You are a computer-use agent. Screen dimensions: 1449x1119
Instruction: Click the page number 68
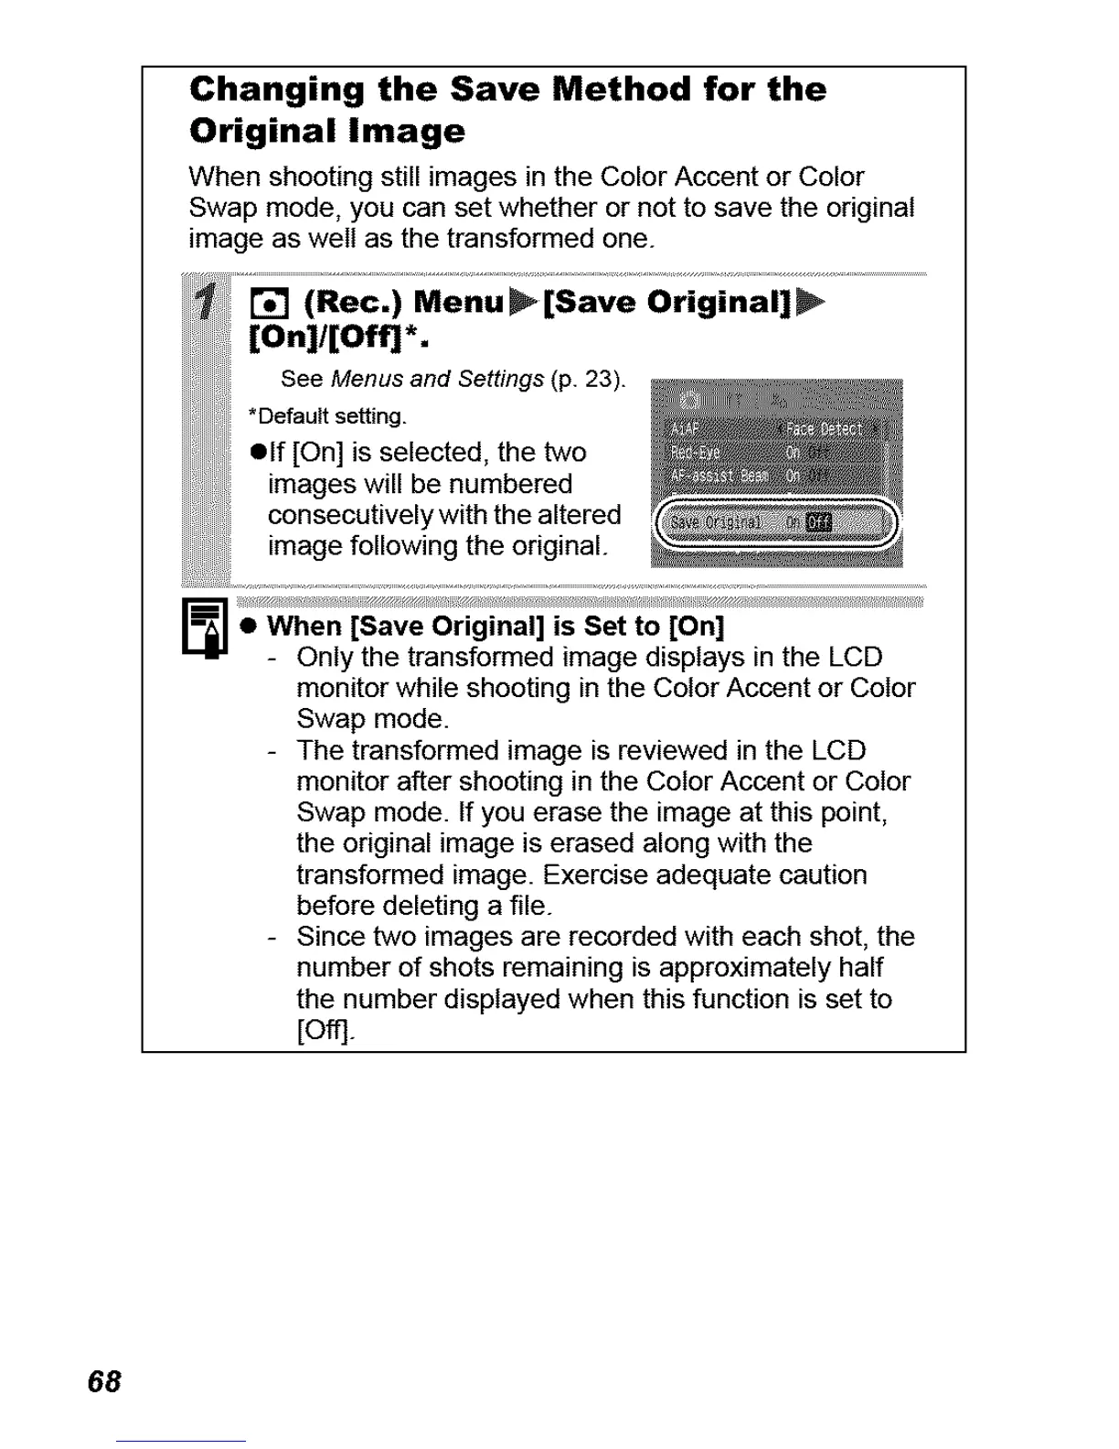coord(104,1381)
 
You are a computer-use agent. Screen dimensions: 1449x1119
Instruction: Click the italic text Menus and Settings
coord(438,379)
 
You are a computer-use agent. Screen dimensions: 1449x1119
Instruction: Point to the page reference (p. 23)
coord(589,379)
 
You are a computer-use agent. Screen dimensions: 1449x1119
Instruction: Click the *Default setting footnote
coord(326,417)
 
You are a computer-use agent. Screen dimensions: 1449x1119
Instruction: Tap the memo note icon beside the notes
coord(205,627)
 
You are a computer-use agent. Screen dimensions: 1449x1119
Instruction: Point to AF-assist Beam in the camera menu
coord(719,476)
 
